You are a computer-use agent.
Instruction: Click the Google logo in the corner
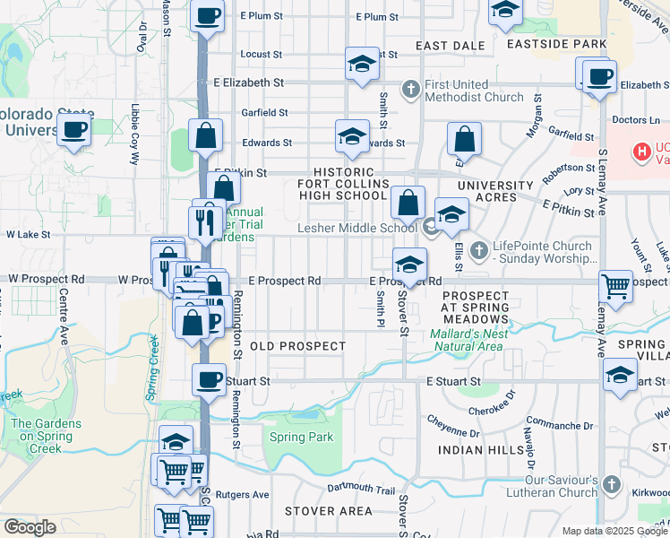[x=30, y=527]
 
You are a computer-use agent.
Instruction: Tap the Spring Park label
[x=301, y=438]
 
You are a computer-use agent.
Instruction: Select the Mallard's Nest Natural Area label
[x=469, y=340]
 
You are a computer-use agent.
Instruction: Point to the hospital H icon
[x=641, y=152]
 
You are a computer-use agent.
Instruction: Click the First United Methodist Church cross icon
[x=411, y=89]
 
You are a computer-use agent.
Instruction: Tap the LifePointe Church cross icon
[x=479, y=247]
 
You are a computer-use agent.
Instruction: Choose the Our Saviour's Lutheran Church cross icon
[x=611, y=484]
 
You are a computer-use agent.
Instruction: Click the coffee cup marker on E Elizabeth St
[x=598, y=77]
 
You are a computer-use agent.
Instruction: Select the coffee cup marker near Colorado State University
[x=74, y=130]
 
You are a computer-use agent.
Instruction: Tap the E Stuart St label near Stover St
[x=454, y=381]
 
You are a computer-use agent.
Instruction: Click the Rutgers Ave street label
[x=247, y=494]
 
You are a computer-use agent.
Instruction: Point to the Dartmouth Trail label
[x=360, y=490]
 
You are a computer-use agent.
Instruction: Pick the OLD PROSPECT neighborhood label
[x=297, y=346]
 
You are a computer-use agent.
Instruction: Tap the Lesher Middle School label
[x=357, y=229]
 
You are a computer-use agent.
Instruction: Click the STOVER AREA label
[x=328, y=511]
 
